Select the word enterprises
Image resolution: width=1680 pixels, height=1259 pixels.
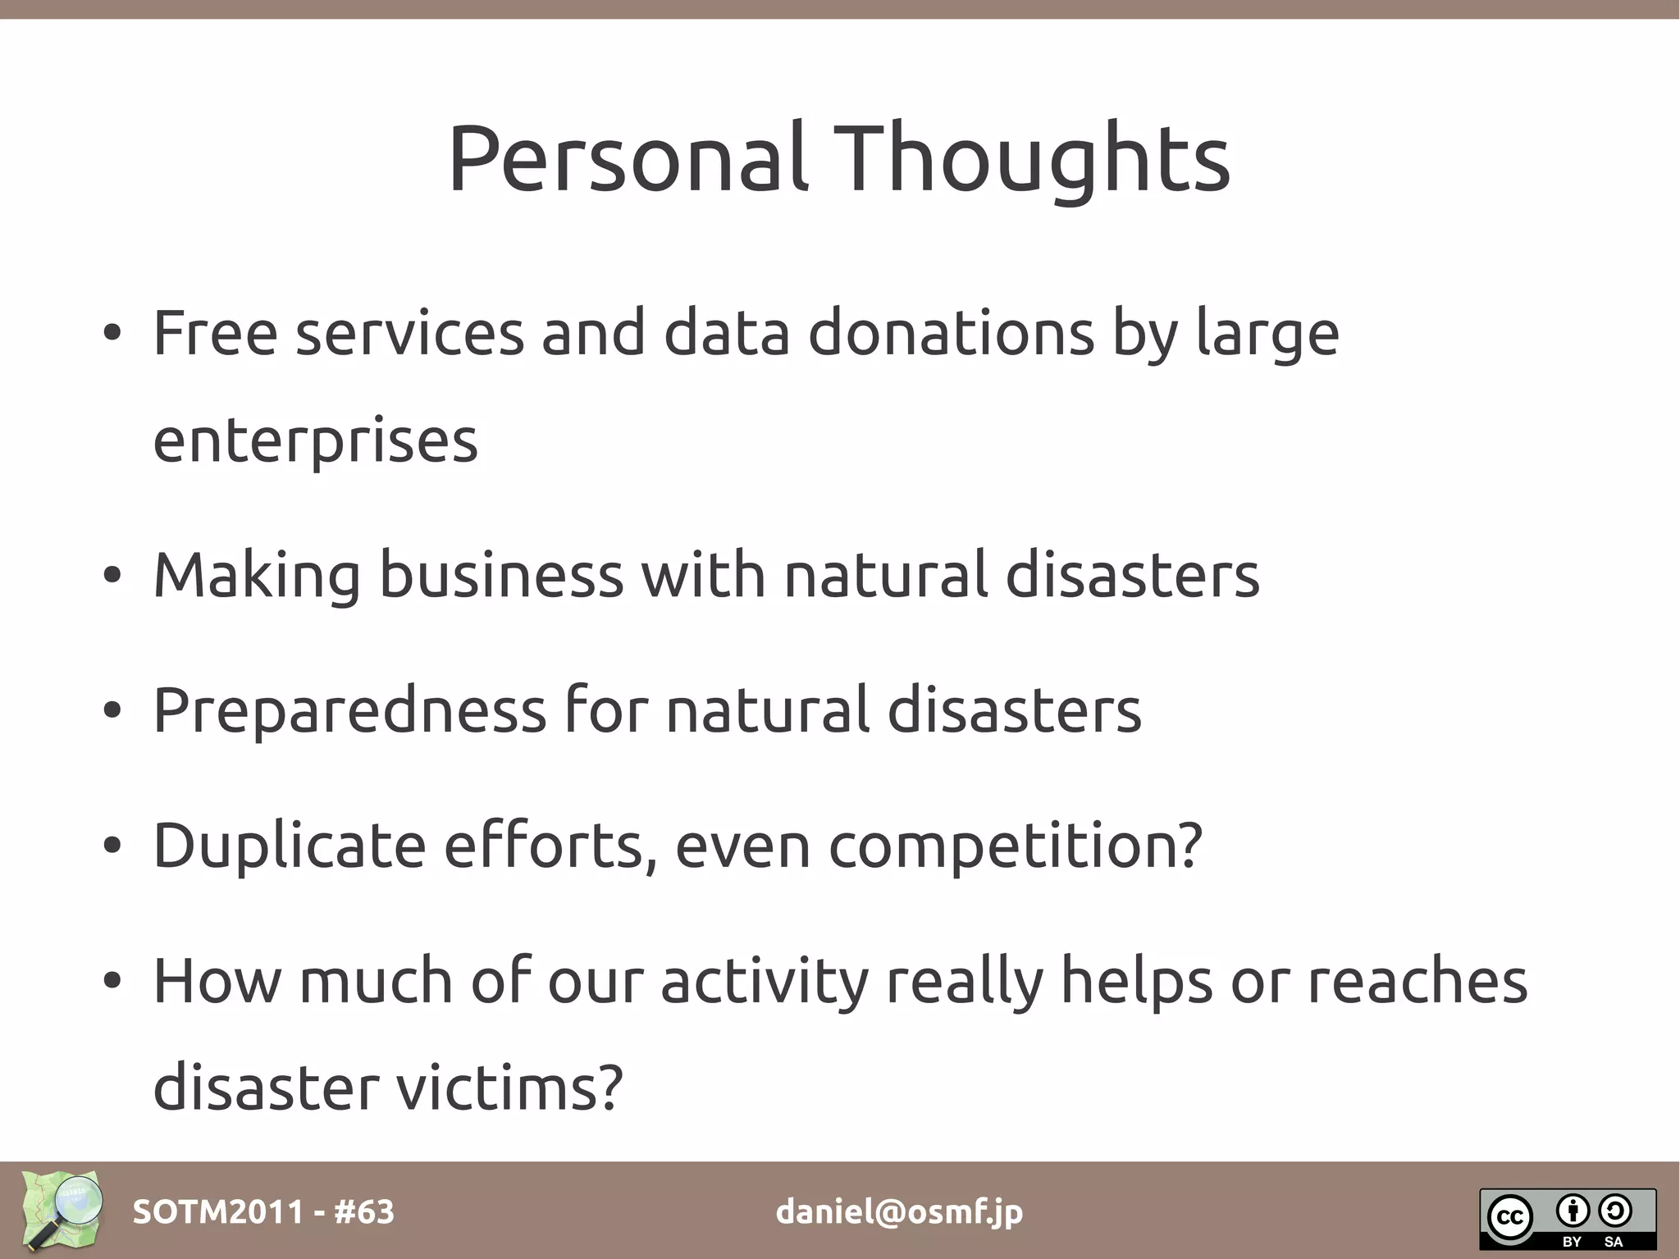pyautogui.click(x=315, y=441)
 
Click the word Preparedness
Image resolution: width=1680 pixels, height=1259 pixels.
pyautogui.click(x=349, y=709)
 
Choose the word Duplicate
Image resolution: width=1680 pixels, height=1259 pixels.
pyautogui.click(x=289, y=845)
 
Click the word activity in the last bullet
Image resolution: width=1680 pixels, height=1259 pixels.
pyautogui.click(x=764, y=981)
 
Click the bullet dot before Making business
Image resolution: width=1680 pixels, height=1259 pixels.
pyautogui.click(x=112, y=575)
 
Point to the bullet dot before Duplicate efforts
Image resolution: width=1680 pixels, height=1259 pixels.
pyautogui.click(x=112, y=846)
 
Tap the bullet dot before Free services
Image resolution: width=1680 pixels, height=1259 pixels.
pyautogui.click(x=112, y=333)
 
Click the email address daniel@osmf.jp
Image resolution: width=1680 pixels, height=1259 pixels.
pyautogui.click(x=899, y=1211)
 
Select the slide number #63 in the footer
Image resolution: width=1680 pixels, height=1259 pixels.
pyautogui.click(x=363, y=1211)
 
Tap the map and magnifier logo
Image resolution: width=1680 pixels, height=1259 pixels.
pyautogui.click(x=62, y=1210)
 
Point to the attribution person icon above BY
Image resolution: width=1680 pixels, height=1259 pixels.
pyautogui.click(x=1573, y=1210)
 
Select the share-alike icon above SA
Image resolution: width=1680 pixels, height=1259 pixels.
pyautogui.click(x=1614, y=1210)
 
